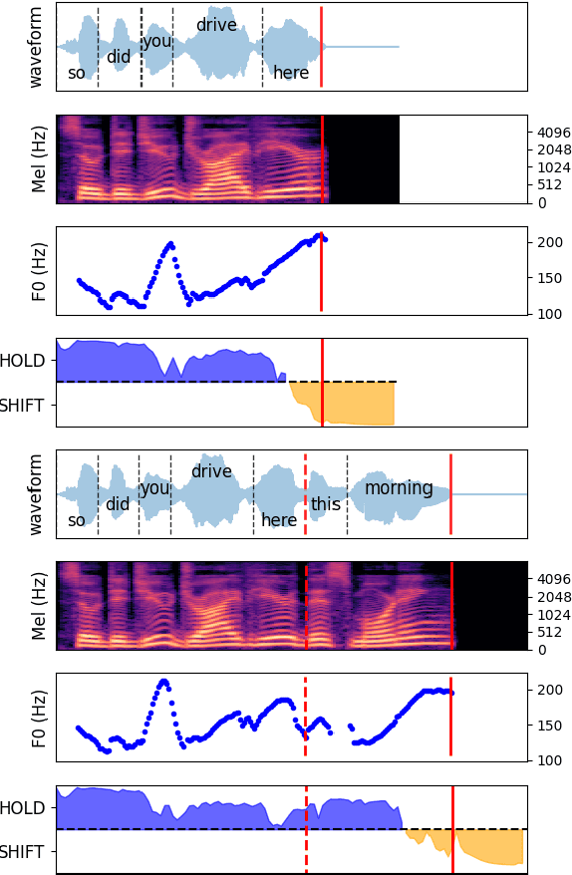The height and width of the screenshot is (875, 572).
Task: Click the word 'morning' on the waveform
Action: [399, 488]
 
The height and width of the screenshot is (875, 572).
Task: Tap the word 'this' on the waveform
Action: [325, 504]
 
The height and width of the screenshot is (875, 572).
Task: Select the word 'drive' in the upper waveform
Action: [216, 25]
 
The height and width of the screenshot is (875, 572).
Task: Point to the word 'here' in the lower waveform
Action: [279, 520]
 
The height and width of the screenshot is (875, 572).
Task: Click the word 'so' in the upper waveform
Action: [77, 73]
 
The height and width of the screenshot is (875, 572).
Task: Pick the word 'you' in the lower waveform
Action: [155, 488]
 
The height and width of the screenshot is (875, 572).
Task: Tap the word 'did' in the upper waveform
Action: [119, 57]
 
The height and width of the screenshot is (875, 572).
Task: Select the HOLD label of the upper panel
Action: [26, 361]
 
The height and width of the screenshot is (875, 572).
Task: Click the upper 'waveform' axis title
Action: [38, 47]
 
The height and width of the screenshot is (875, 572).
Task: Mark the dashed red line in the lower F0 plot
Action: [305, 718]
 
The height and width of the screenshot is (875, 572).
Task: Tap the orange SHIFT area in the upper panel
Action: [349, 404]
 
